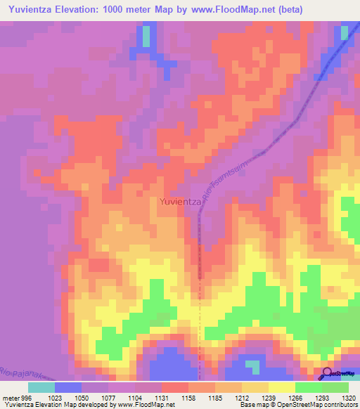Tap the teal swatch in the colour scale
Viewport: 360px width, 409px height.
pyautogui.click(x=41, y=387)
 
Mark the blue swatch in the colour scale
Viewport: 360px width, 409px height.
pyautogui.click(x=68, y=387)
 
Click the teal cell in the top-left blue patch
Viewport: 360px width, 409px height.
pyautogui.click(x=146, y=37)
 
